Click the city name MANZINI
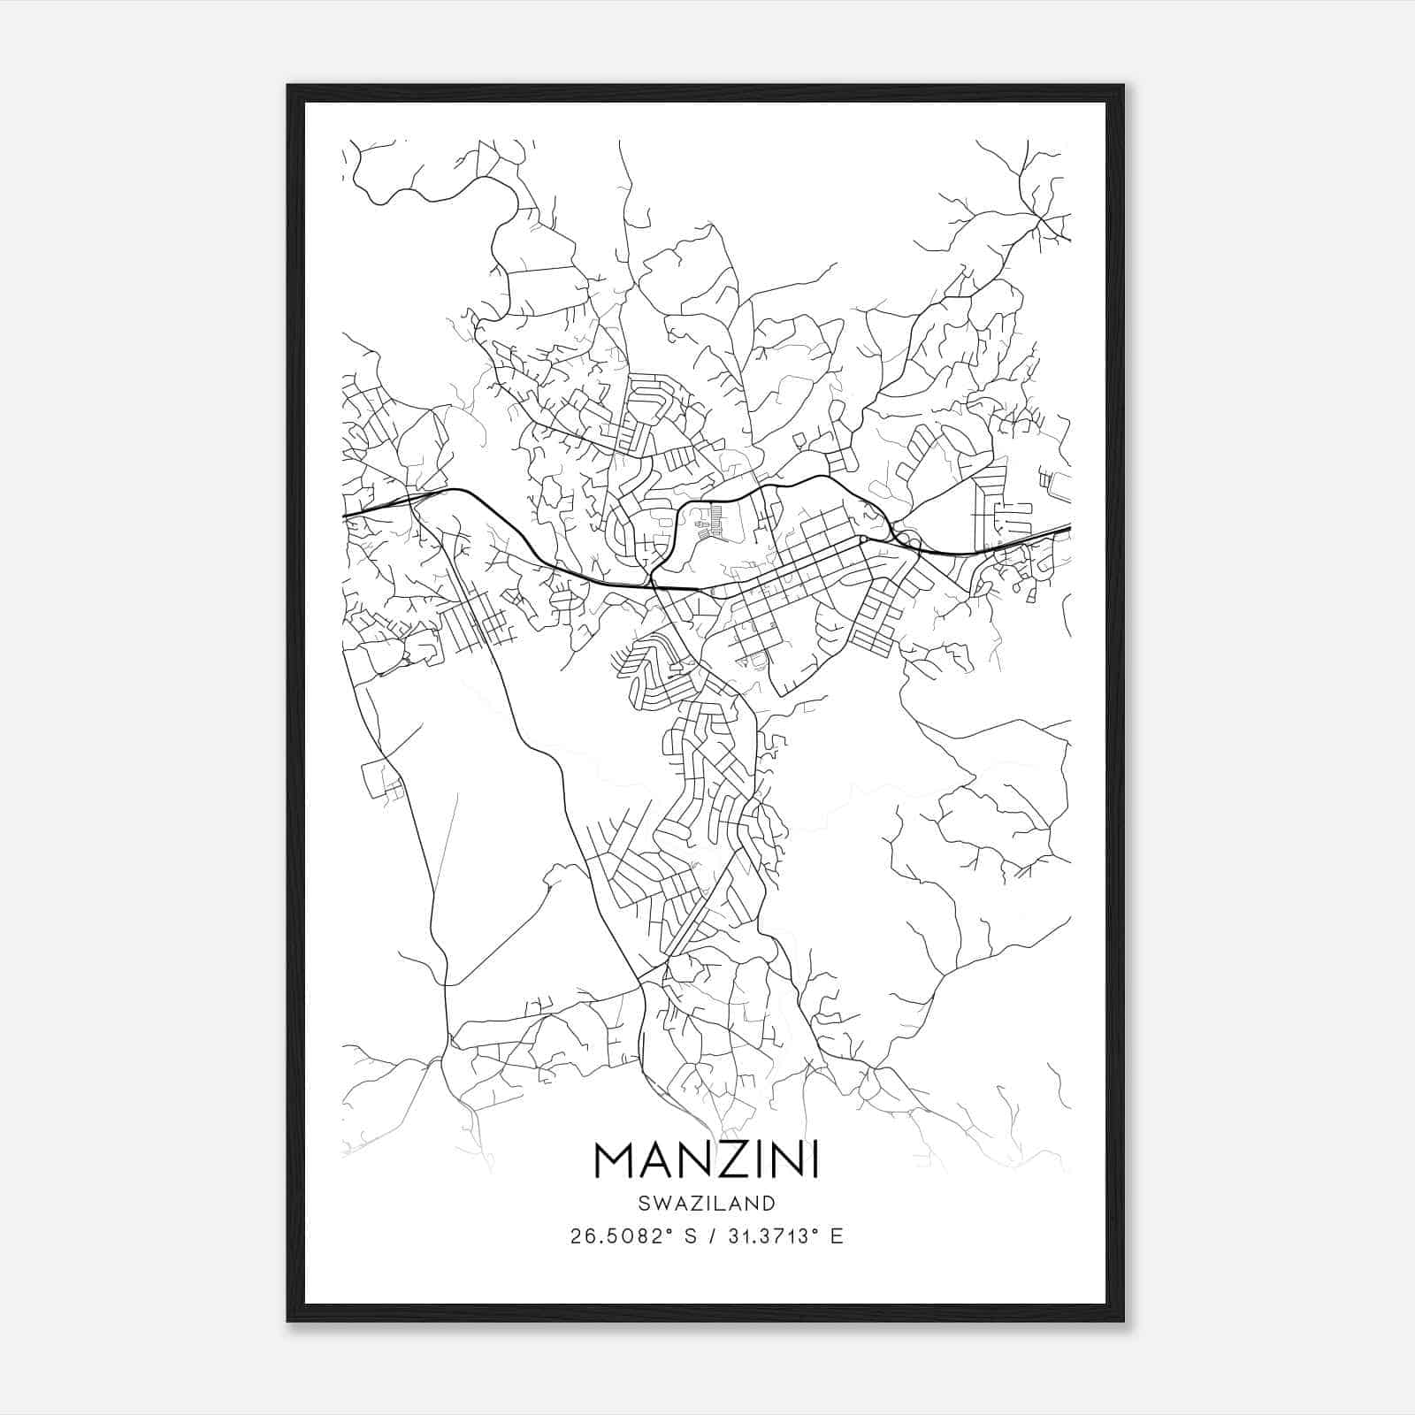pos(707,1159)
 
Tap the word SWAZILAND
pos(707,1204)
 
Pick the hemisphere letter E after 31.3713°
pos(836,1236)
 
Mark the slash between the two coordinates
pos(714,1236)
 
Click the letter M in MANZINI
pos(616,1159)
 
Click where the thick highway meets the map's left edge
pos(344,515)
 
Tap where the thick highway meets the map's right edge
pos(1069,528)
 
